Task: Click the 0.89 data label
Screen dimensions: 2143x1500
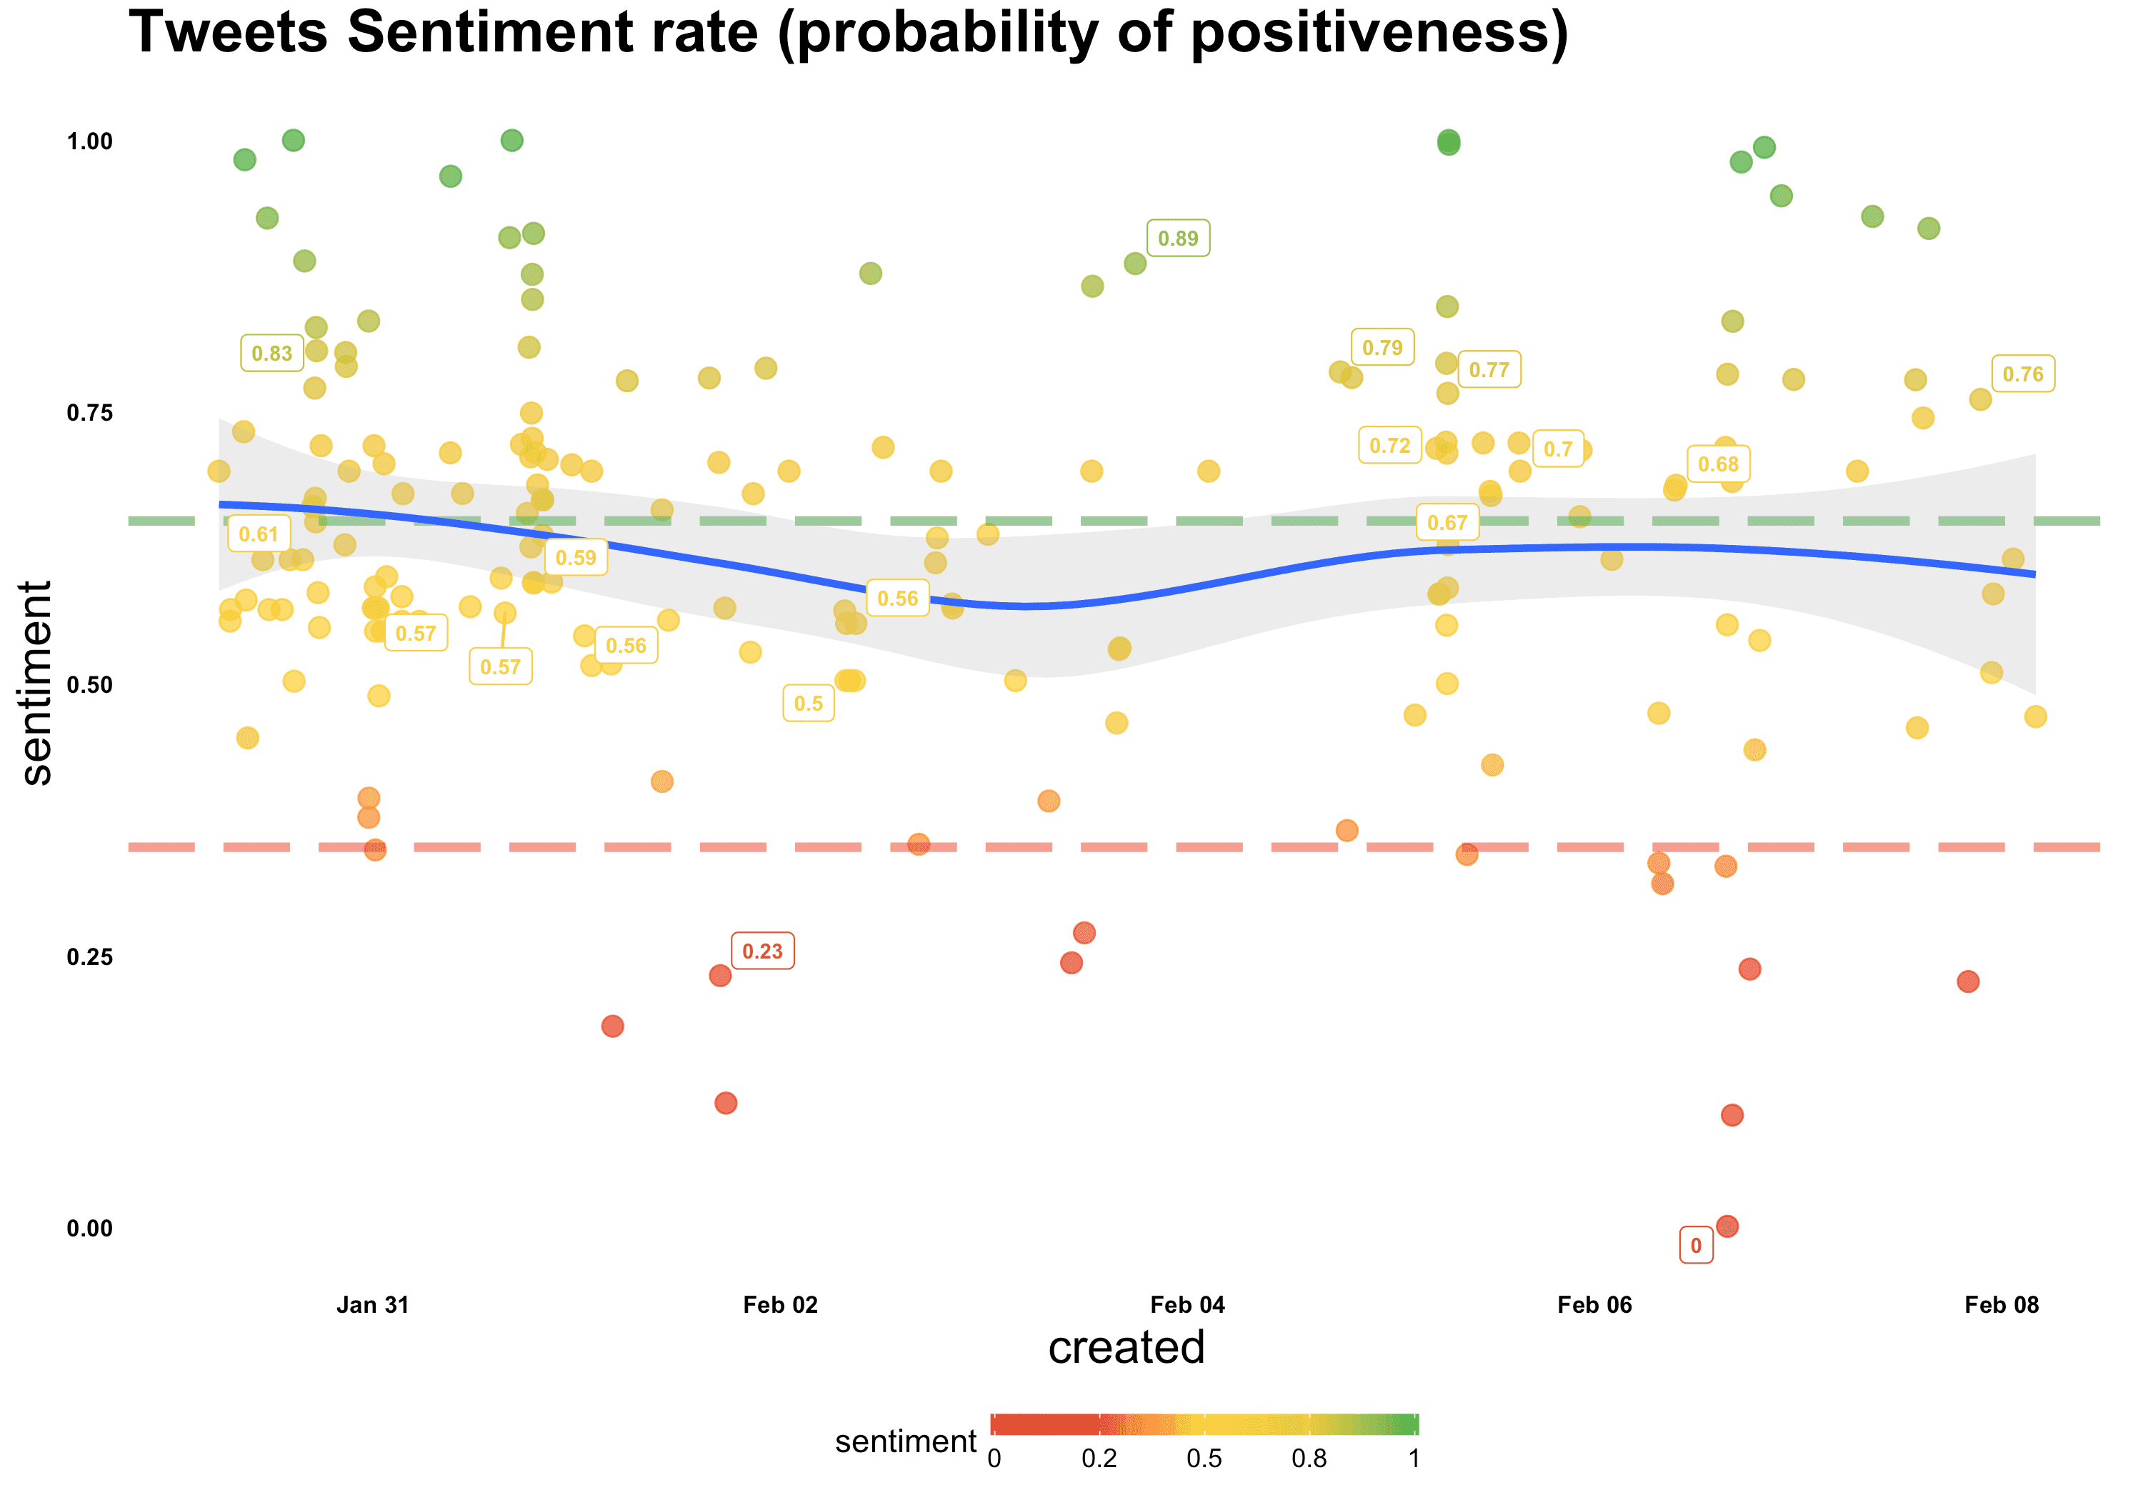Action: click(x=1178, y=238)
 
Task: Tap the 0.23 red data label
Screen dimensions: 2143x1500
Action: click(x=763, y=951)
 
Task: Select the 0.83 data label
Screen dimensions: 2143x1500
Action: click(x=271, y=353)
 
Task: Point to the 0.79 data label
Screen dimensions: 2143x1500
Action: click(x=1382, y=347)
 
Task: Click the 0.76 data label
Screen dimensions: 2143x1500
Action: click(x=2022, y=374)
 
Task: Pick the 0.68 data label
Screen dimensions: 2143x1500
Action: click(x=1717, y=464)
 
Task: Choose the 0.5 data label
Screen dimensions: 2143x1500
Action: click(x=809, y=703)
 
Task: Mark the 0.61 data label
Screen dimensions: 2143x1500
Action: click(x=259, y=534)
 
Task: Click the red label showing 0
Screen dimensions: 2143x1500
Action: click(x=1696, y=1245)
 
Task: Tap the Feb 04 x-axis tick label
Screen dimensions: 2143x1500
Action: click(x=1187, y=1305)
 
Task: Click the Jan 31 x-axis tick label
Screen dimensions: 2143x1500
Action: click(x=372, y=1305)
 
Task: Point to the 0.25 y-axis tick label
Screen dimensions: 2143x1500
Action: click(x=89, y=956)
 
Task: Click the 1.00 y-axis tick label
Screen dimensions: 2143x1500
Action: click(x=89, y=141)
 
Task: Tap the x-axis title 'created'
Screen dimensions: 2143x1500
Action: click(x=1127, y=1347)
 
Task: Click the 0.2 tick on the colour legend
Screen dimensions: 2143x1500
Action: click(x=1099, y=1458)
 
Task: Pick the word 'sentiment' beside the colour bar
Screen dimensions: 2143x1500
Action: click(x=905, y=1441)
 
